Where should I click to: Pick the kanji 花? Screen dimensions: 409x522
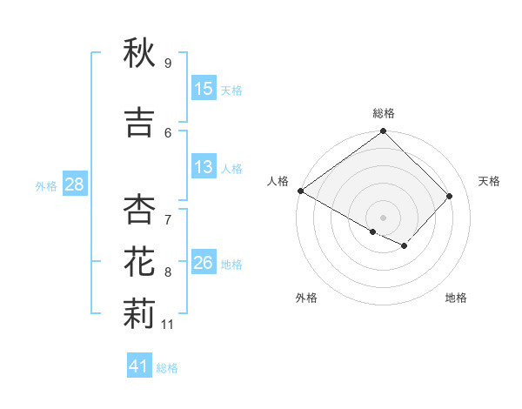pyautogui.click(x=139, y=260)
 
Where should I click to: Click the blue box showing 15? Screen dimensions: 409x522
pyautogui.click(x=204, y=90)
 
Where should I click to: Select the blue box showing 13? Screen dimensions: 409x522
pyautogui.click(x=204, y=168)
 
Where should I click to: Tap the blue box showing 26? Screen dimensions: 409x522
pyautogui.click(x=204, y=264)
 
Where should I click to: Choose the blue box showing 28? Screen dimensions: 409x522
pyautogui.click(x=73, y=184)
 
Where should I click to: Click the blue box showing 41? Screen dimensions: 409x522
pyautogui.click(x=139, y=367)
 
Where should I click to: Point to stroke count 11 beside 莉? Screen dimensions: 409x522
pyautogui.click(x=168, y=325)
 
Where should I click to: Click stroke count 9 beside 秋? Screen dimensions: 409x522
pyautogui.click(x=168, y=64)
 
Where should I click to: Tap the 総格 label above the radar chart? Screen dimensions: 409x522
pyautogui.click(x=384, y=113)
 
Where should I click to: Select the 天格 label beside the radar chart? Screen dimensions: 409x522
pyautogui.click(x=490, y=181)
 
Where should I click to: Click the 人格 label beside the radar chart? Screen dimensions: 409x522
pyautogui.click(x=278, y=181)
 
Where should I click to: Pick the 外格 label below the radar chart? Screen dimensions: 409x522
pyautogui.click(x=306, y=298)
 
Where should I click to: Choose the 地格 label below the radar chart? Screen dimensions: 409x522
pyautogui.click(x=456, y=298)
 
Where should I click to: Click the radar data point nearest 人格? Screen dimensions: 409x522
pyautogui.click(x=301, y=191)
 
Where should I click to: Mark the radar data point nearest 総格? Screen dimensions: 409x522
pyautogui.click(x=384, y=131)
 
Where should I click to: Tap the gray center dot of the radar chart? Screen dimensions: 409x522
pyautogui.click(x=384, y=217)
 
